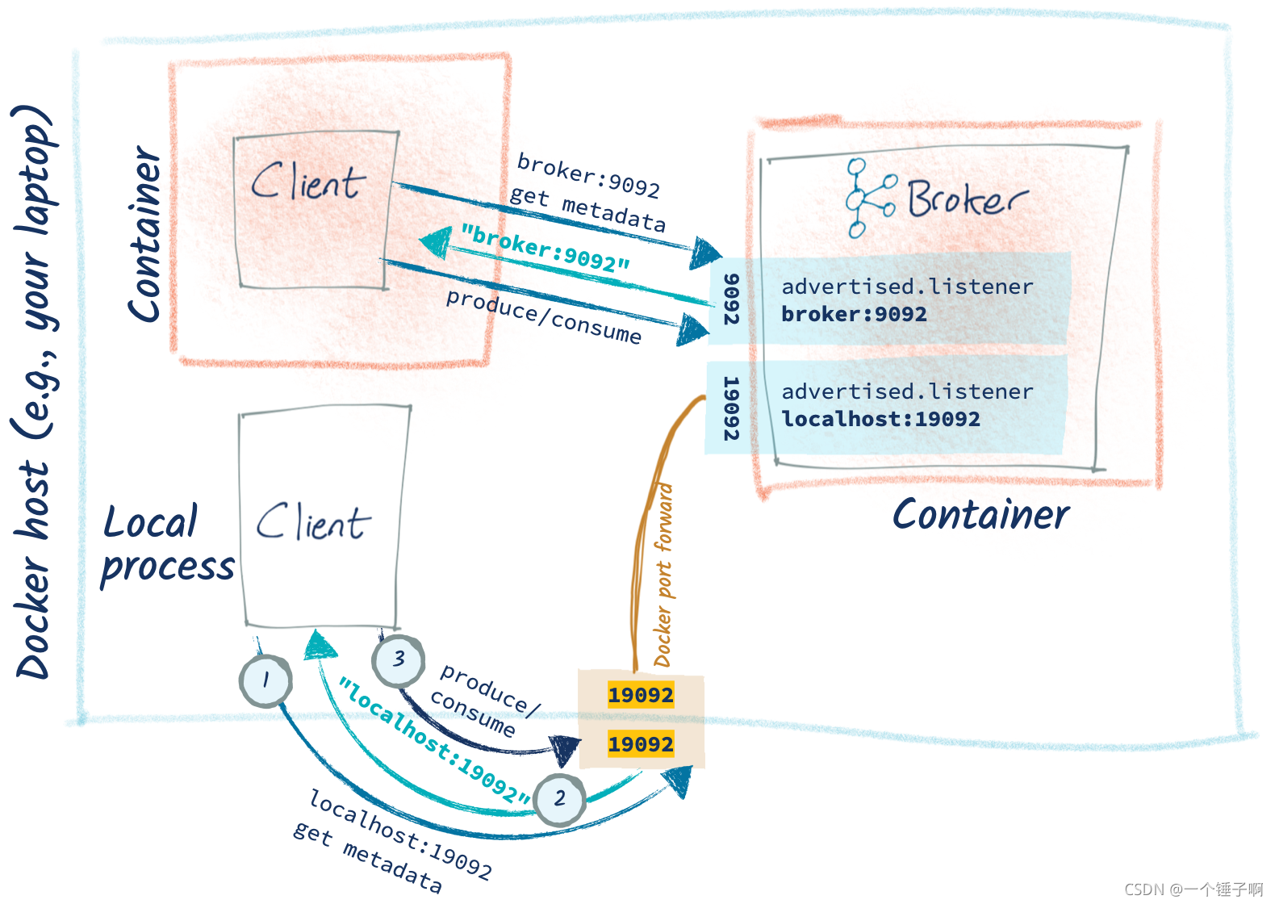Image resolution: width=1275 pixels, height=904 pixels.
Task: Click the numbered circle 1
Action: pyautogui.click(x=265, y=681)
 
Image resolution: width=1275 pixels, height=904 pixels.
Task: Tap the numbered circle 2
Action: pyautogui.click(x=560, y=799)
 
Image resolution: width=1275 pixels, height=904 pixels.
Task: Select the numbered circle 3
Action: pyautogui.click(x=398, y=659)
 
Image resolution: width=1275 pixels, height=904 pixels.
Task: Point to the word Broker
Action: pyautogui.click(x=967, y=199)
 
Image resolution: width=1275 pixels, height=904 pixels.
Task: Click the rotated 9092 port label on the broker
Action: pyautogui.click(x=730, y=299)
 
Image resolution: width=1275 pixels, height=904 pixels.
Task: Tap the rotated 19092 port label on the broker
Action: pyautogui.click(x=729, y=408)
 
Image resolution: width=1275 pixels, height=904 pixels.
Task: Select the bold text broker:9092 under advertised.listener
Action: pyautogui.click(x=854, y=314)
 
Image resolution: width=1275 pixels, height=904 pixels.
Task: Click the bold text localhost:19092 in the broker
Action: pyautogui.click(x=880, y=419)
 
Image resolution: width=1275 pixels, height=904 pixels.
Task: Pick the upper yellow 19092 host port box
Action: pyautogui.click(x=641, y=695)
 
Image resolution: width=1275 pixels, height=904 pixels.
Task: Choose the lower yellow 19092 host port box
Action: pyautogui.click(x=641, y=744)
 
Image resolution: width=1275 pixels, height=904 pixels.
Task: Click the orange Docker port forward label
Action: pyautogui.click(x=663, y=575)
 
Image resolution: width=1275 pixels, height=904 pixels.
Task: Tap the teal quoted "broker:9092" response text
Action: pyautogui.click(x=545, y=248)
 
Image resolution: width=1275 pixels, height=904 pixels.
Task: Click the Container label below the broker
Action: pyautogui.click(x=980, y=514)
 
